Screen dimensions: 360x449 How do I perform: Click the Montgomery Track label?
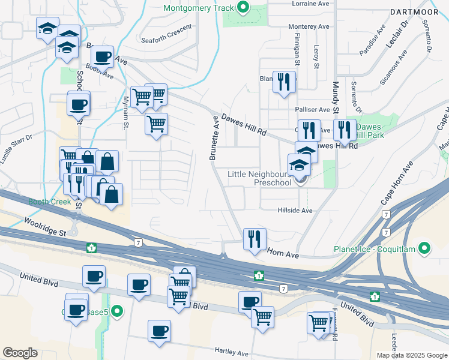tap(199, 8)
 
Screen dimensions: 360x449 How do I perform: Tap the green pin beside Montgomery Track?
tap(244, 8)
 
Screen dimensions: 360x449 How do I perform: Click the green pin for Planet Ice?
tap(425, 248)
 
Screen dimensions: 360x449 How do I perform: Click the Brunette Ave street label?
tap(214, 138)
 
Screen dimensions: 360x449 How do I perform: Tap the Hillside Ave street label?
tap(295, 211)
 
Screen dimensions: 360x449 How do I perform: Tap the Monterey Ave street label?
tap(309, 27)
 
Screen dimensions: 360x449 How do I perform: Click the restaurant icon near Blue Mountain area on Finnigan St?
tap(284, 81)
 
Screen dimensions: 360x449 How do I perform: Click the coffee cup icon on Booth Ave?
tap(103, 57)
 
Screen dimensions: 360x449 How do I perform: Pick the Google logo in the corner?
tap(20, 353)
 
